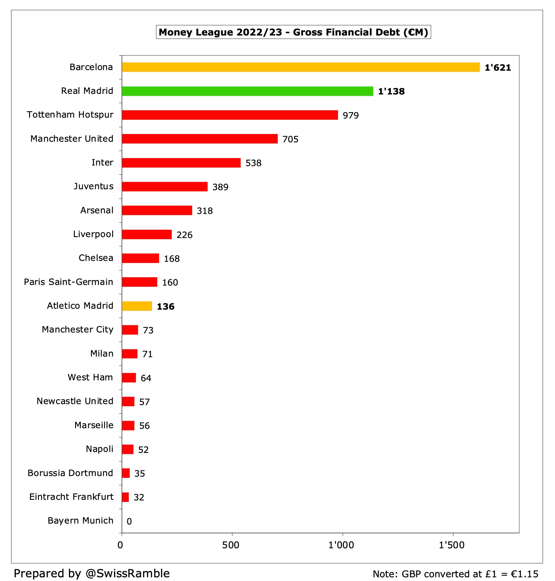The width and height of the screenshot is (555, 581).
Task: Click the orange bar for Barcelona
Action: tap(301, 67)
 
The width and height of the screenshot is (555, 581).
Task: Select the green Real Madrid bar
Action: tap(247, 91)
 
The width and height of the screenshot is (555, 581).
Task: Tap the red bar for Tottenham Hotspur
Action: tap(230, 115)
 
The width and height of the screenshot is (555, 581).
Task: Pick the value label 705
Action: tap(290, 139)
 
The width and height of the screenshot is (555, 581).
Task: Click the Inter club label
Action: tap(102, 162)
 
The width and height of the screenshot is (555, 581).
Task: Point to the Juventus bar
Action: tap(165, 186)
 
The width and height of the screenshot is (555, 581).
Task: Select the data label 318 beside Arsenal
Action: tap(205, 211)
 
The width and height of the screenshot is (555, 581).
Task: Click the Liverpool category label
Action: tap(93, 234)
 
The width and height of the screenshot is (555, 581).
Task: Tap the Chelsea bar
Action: tap(141, 258)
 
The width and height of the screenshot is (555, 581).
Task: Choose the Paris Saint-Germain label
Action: tap(69, 282)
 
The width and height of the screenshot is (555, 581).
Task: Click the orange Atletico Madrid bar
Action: tap(137, 306)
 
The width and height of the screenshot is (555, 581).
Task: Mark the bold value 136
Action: tap(166, 307)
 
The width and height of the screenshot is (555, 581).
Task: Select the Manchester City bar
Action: tap(130, 330)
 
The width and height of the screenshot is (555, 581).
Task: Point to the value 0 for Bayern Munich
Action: tap(129, 521)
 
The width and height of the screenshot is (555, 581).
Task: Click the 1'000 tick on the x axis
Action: tap(341, 545)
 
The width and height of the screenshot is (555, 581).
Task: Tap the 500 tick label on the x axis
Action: tap(231, 545)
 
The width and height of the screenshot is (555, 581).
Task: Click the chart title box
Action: tap(293, 32)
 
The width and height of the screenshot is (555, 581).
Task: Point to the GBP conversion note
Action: tap(455, 574)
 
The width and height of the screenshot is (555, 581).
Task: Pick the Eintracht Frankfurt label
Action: tap(71, 497)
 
